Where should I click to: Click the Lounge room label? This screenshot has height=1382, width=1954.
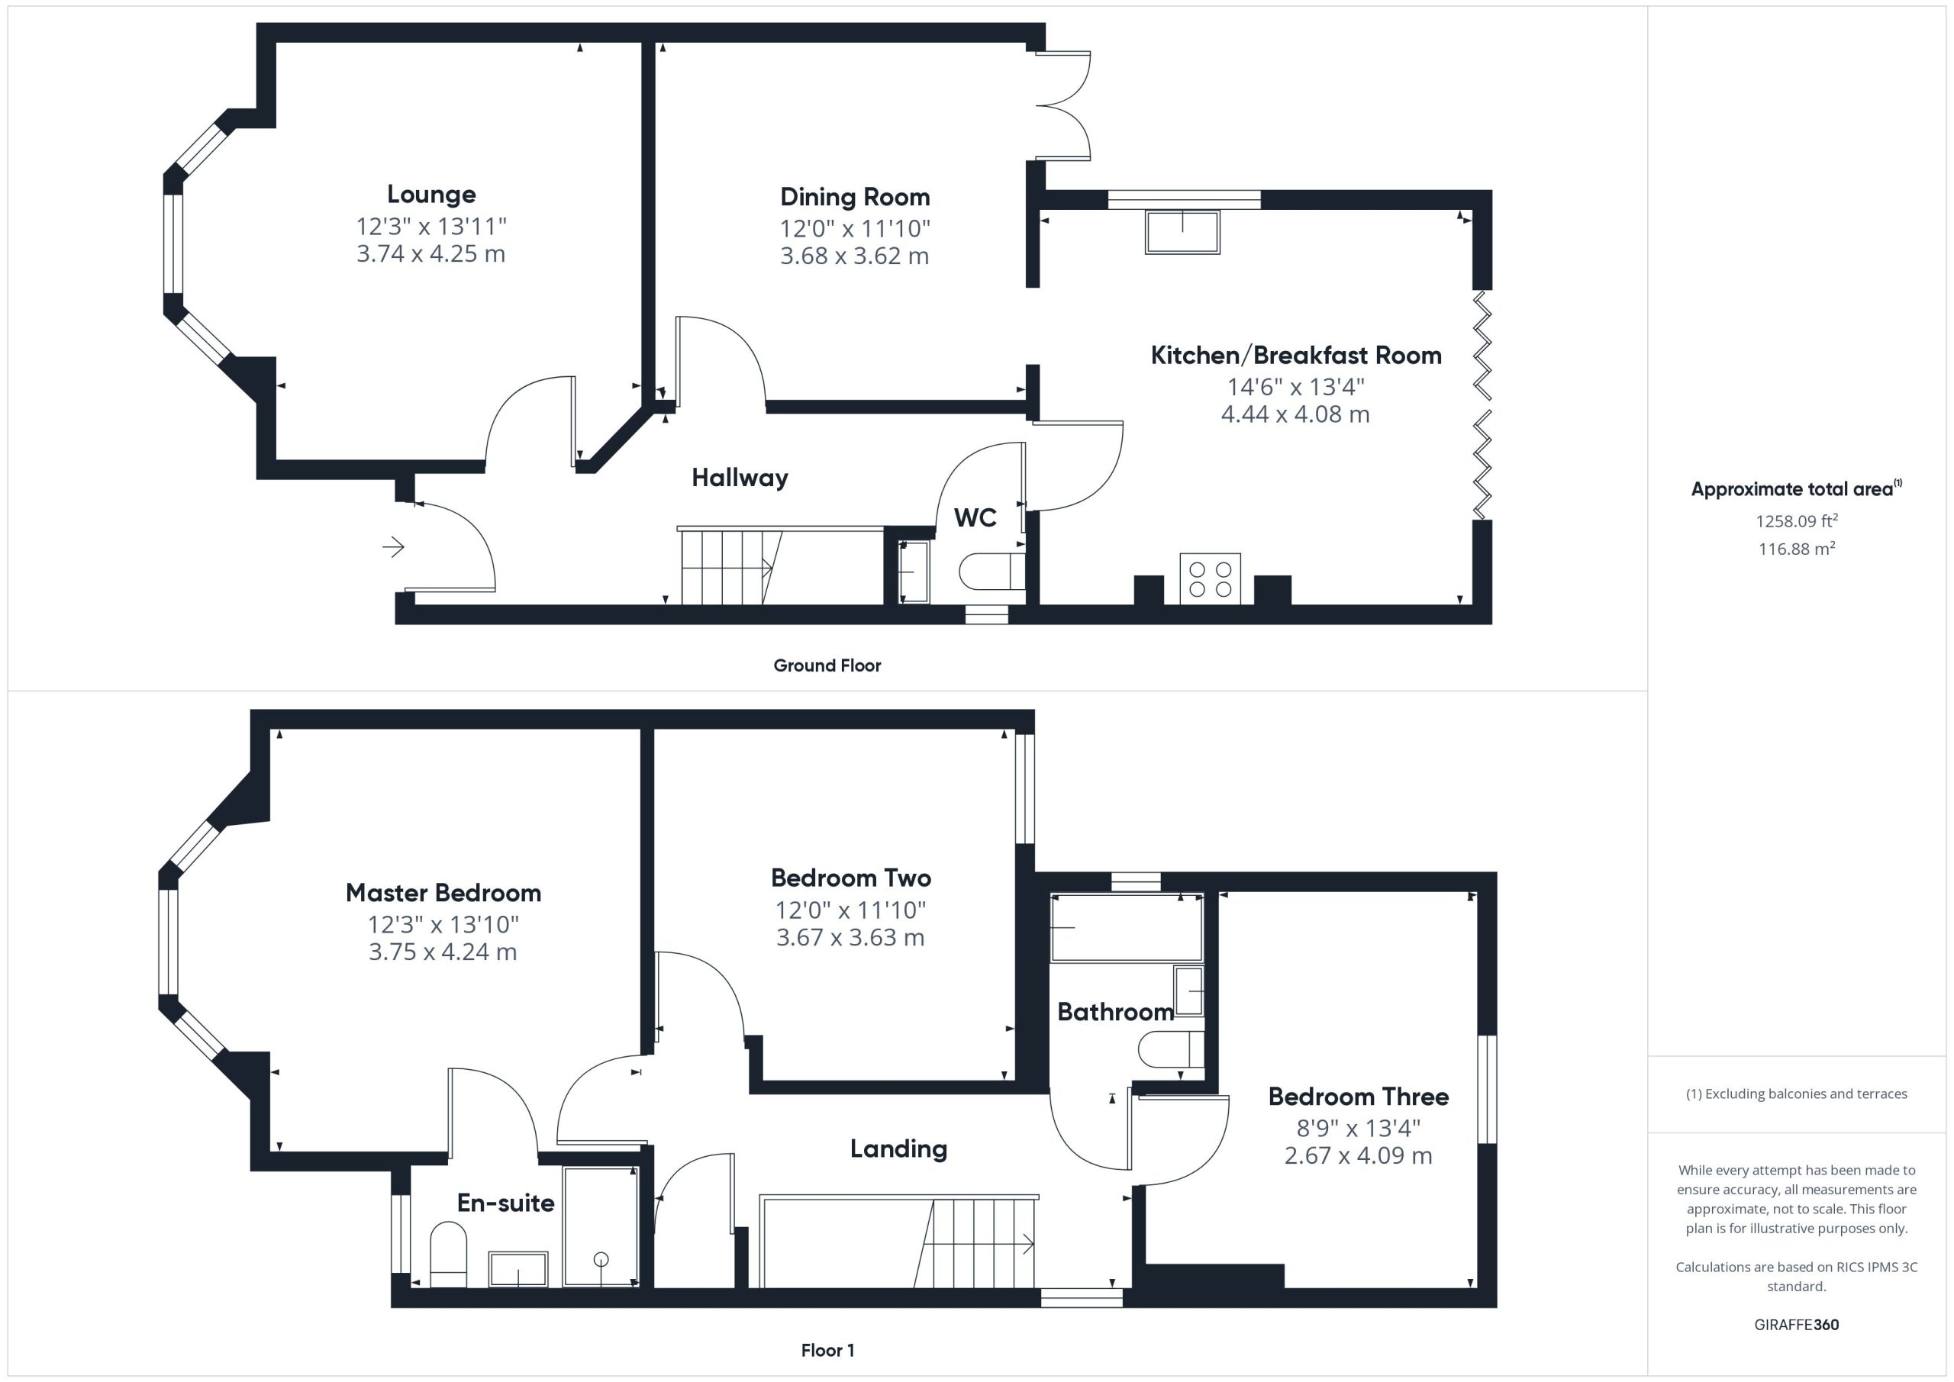pyautogui.click(x=431, y=195)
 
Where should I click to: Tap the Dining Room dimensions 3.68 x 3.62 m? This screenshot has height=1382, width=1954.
pyautogui.click(x=854, y=256)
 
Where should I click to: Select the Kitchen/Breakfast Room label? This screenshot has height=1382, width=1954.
pyautogui.click(x=1296, y=355)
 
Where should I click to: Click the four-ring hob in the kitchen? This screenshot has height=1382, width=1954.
pyautogui.click(x=1211, y=578)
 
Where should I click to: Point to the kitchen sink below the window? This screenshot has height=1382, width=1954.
pyautogui.click(x=1182, y=231)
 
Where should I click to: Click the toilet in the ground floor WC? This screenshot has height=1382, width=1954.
pyautogui.click(x=992, y=571)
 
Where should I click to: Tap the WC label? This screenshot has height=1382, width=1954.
pyautogui.click(x=975, y=517)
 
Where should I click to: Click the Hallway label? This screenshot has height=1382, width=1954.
pyautogui.click(x=740, y=478)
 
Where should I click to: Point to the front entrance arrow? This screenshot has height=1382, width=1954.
pyautogui.click(x=393, y=546)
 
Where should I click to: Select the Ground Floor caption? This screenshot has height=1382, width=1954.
pyautogui.click(x=827, y=665)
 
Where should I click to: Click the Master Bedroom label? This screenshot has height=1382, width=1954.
pyautogui.click(x=443, y=893)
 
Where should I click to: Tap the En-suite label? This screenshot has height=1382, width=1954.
pyautogui.click(x=505, y=1203)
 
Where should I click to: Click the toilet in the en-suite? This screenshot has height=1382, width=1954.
pyautogui.click(x=449, y=1254)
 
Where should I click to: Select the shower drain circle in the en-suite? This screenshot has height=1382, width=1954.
pyautogui.click(x=601, y=1258)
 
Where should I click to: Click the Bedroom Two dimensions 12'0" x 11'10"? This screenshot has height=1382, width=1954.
pyautogui.click(x=850, y=910)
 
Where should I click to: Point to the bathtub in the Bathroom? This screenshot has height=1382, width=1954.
pyautogui.click(x=1127, y=928)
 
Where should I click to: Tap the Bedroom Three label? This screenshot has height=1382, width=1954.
pyautogui.click(x=1359, y=1096)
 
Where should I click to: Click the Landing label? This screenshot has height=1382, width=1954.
pyautogui.click(x=898, y=1148)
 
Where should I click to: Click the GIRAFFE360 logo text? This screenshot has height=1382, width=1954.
pyautogui.click(x=1797, y=1324)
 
